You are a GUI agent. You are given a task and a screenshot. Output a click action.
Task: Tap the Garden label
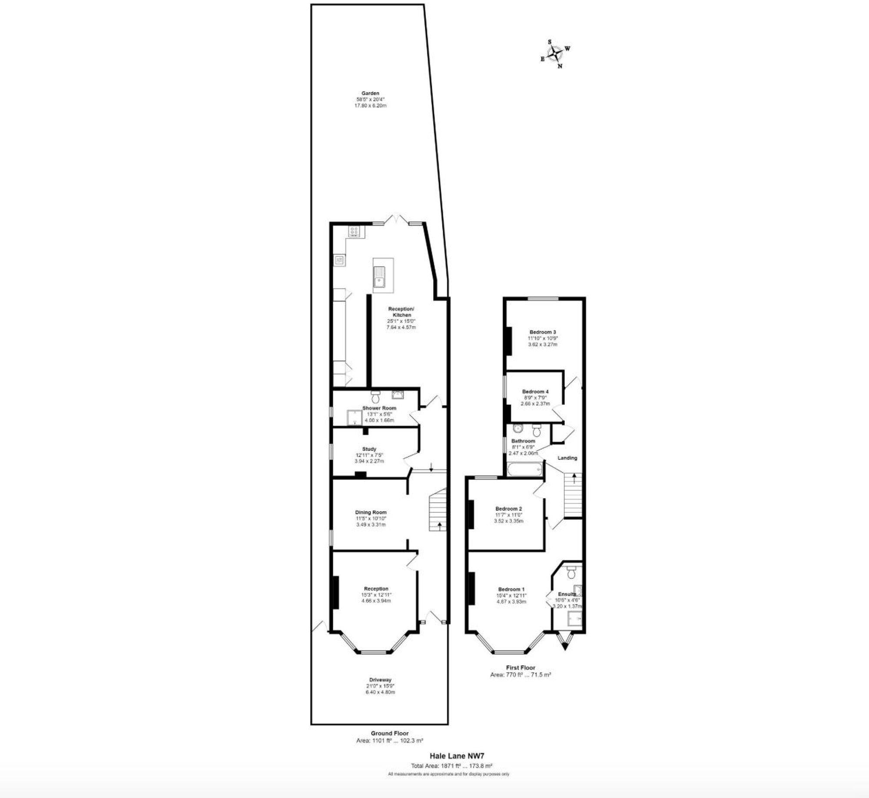click(370, 93)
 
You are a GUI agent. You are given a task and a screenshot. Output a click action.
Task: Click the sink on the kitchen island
click(380, 277)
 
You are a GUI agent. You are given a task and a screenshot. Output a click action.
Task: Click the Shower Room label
click(379, 408)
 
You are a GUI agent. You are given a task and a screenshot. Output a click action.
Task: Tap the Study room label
click(369, 449)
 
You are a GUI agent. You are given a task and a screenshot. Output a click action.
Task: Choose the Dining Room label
click(371, 512)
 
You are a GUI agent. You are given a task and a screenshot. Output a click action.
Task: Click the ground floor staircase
click(438, 510)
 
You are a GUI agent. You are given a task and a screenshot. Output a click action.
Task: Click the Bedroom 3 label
click(543, 332)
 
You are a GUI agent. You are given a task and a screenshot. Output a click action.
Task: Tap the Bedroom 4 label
click(535, 391)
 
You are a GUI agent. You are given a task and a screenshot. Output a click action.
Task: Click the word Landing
click(567, 458)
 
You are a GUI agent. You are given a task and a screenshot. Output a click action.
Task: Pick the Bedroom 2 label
click(508, 509)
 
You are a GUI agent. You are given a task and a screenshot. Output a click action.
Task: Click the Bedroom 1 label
click(511, 589)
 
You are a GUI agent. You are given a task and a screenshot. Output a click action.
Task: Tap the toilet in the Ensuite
click(571, 572)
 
